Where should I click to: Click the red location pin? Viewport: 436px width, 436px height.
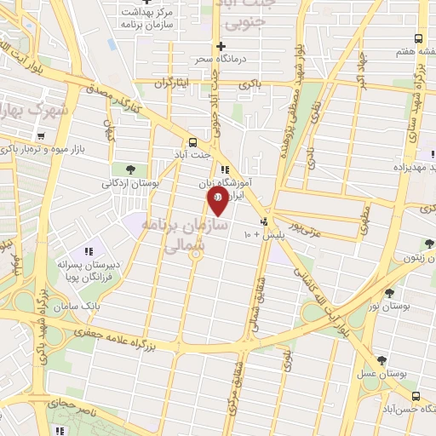pyautogui.click(x=217, y=199)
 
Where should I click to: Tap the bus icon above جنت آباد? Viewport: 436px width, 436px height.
pyautogui.click(x=194, y=142)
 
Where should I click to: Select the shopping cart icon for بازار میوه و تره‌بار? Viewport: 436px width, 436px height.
pyautogui.click(x=39, y=136)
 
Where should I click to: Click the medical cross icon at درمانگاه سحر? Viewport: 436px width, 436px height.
pyautogui.click(x=221, y=46)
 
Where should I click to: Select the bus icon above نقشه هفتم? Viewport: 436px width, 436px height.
pyautogui.click(x=417, y=38)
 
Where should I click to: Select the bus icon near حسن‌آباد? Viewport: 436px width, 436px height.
pyautogui.click(x=415, y=397)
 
